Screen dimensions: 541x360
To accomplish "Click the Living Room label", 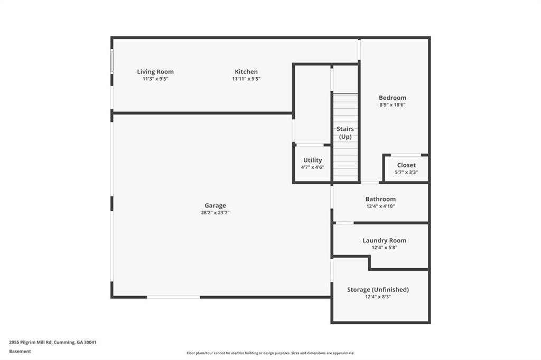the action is point(155,72).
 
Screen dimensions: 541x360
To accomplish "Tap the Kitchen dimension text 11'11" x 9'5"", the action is point(246,79).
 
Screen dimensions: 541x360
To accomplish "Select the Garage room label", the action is point(216,205).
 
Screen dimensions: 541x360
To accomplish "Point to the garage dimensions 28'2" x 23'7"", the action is point(216,213).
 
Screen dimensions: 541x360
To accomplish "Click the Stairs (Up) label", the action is point(346,133).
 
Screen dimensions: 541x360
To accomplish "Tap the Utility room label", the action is point(313,160).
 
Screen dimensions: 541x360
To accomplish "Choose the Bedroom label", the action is point(393,98).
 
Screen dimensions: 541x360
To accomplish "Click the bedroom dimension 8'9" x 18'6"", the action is point(393,105).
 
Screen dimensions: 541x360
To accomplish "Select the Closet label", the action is point(406,165).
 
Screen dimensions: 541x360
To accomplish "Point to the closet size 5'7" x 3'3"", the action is point(406,172).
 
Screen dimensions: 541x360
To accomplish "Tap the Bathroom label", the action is point(380,199).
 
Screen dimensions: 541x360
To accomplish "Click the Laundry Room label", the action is point(385,240).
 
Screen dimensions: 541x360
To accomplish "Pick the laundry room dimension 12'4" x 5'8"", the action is point(385,248).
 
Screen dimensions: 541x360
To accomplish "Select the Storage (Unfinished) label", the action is point(378,290).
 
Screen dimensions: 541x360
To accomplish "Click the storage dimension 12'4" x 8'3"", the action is point(378,297).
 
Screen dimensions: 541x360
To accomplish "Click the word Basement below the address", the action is point(20,352).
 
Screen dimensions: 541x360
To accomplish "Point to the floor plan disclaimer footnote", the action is point(270,353).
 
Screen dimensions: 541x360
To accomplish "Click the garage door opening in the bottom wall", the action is point(173,297).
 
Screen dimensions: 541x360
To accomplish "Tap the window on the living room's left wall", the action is point(112,61).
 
